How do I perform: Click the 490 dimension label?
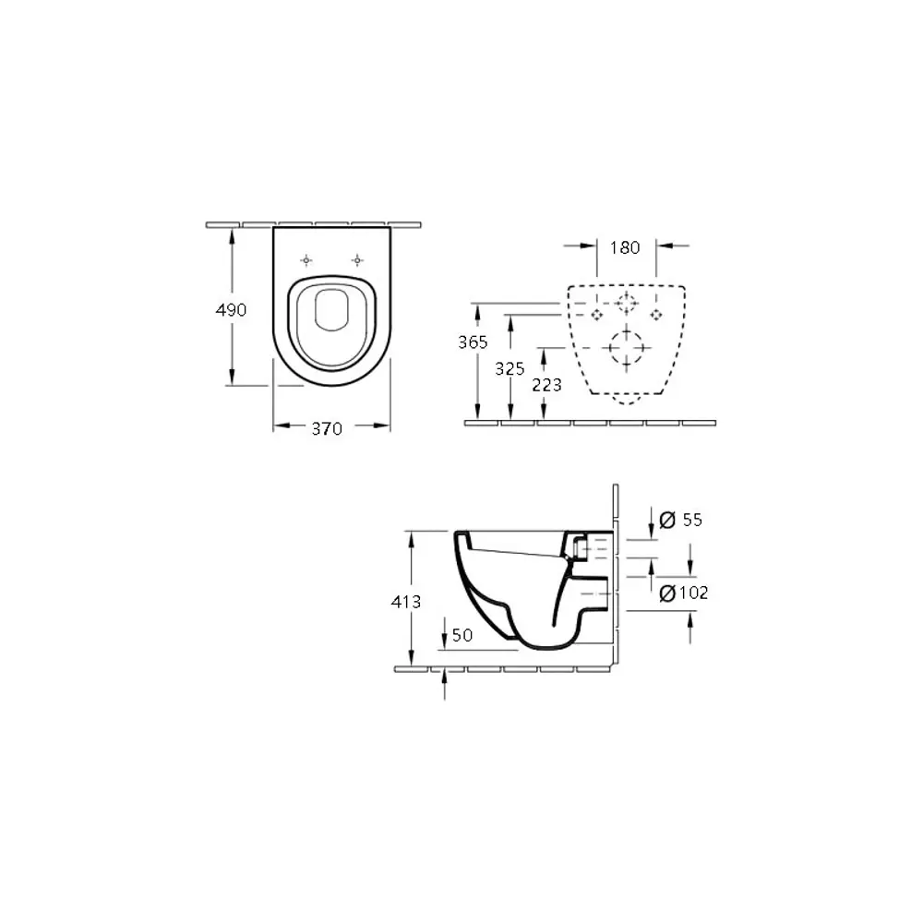tap(231, 310)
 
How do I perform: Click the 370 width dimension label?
tap(326, 428)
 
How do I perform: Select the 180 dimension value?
tap(625, 247)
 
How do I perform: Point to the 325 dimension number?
tap(509, 368)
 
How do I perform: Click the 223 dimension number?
tap(546, 385)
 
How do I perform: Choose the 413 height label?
tap(406, 602)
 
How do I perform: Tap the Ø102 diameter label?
tap(684, 593)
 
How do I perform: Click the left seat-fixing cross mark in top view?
tap(307, 261)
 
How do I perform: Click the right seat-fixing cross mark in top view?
tap(355, 261)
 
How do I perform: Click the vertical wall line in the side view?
tap(615, 572)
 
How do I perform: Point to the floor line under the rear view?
tap(591, 423)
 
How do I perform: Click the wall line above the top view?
tap(314, 223)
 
